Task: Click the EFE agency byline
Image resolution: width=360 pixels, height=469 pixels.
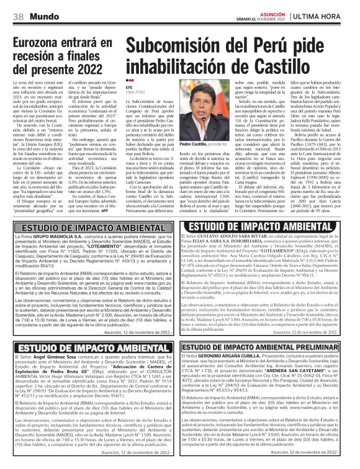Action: [x=128, y=88]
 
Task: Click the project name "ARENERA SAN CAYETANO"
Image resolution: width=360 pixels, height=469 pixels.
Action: [x=283, y=378]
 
